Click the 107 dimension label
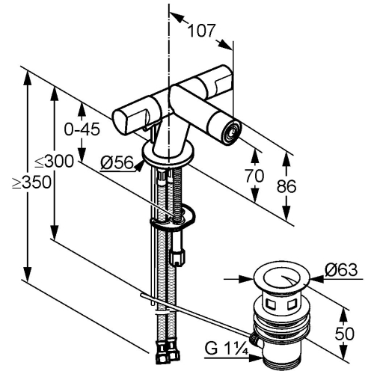201,31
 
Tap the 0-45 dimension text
82,129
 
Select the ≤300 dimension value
54,161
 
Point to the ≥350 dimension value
31,183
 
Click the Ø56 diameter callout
117,163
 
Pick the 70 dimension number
254,175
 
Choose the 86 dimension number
286,186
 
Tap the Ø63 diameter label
341,269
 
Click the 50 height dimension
344,334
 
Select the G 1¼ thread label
227,349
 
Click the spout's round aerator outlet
233,131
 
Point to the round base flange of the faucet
168,153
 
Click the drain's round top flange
281,278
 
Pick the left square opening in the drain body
270,304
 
